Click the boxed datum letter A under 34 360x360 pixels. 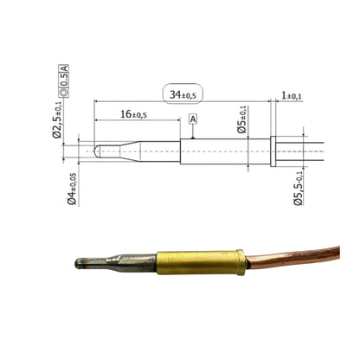click(x=192, y=118)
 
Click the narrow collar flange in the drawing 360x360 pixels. click(x=273, y=151)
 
